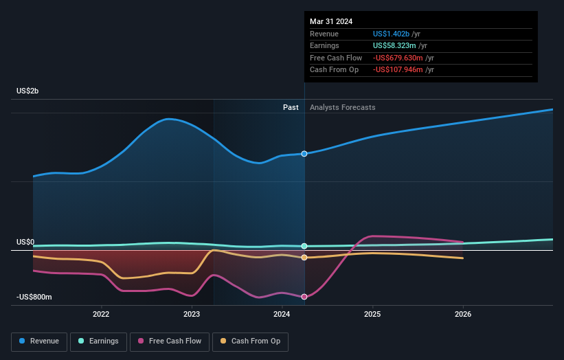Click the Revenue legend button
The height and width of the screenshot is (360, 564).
point(39,341)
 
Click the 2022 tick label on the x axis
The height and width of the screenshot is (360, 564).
point(101,315)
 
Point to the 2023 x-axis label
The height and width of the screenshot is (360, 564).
point(192,315)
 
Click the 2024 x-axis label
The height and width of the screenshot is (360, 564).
point(282,315)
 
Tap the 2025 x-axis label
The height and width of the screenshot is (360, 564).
point(372,315)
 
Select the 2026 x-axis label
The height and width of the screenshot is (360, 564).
point(463,315)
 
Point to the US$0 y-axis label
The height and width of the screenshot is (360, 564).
point(26,243)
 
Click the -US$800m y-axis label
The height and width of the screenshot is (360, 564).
point(34,297)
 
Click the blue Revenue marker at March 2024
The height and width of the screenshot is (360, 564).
point(304,154)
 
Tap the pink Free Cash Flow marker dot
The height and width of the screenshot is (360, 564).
point(304,297)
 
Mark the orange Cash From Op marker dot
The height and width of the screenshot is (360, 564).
point(304,258)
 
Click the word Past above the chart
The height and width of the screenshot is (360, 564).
point(291,107)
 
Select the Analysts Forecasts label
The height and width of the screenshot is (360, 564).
point(343,107)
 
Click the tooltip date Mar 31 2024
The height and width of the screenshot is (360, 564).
point(331,21)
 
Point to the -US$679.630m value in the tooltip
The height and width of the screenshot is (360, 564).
point(398,58)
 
